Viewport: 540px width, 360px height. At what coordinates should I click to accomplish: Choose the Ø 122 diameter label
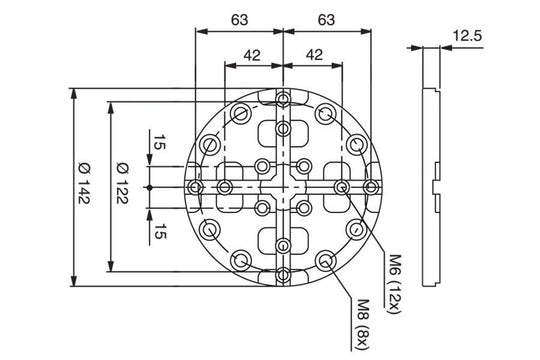[x=122, y=187]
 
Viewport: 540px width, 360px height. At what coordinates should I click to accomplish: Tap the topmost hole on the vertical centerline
[x=286, y=98]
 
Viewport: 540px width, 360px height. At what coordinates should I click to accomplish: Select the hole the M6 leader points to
[x=343, y=187]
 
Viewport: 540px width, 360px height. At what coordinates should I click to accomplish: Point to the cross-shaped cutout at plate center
[x=286, y=187]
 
